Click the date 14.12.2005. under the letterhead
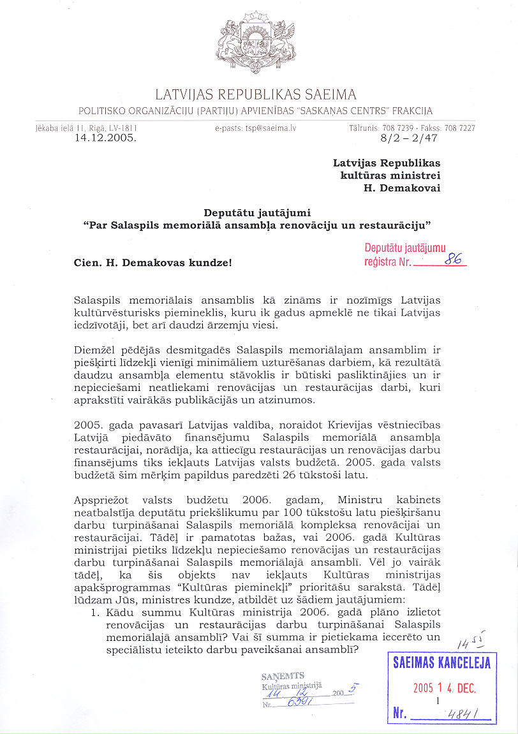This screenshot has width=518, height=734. [x=105, y=137]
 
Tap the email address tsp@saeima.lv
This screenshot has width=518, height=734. [x=256, y=128]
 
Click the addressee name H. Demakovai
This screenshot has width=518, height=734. [x=401, y=187]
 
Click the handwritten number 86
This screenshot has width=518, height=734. [x=454, y=259]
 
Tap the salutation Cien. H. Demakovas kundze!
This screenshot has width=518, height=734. [x=152, y=261]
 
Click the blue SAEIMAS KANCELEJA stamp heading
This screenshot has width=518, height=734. [x=442, y=663]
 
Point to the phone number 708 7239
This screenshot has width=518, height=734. [x=400, y=128]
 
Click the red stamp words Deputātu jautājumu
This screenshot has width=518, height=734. [x=405, y=249]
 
